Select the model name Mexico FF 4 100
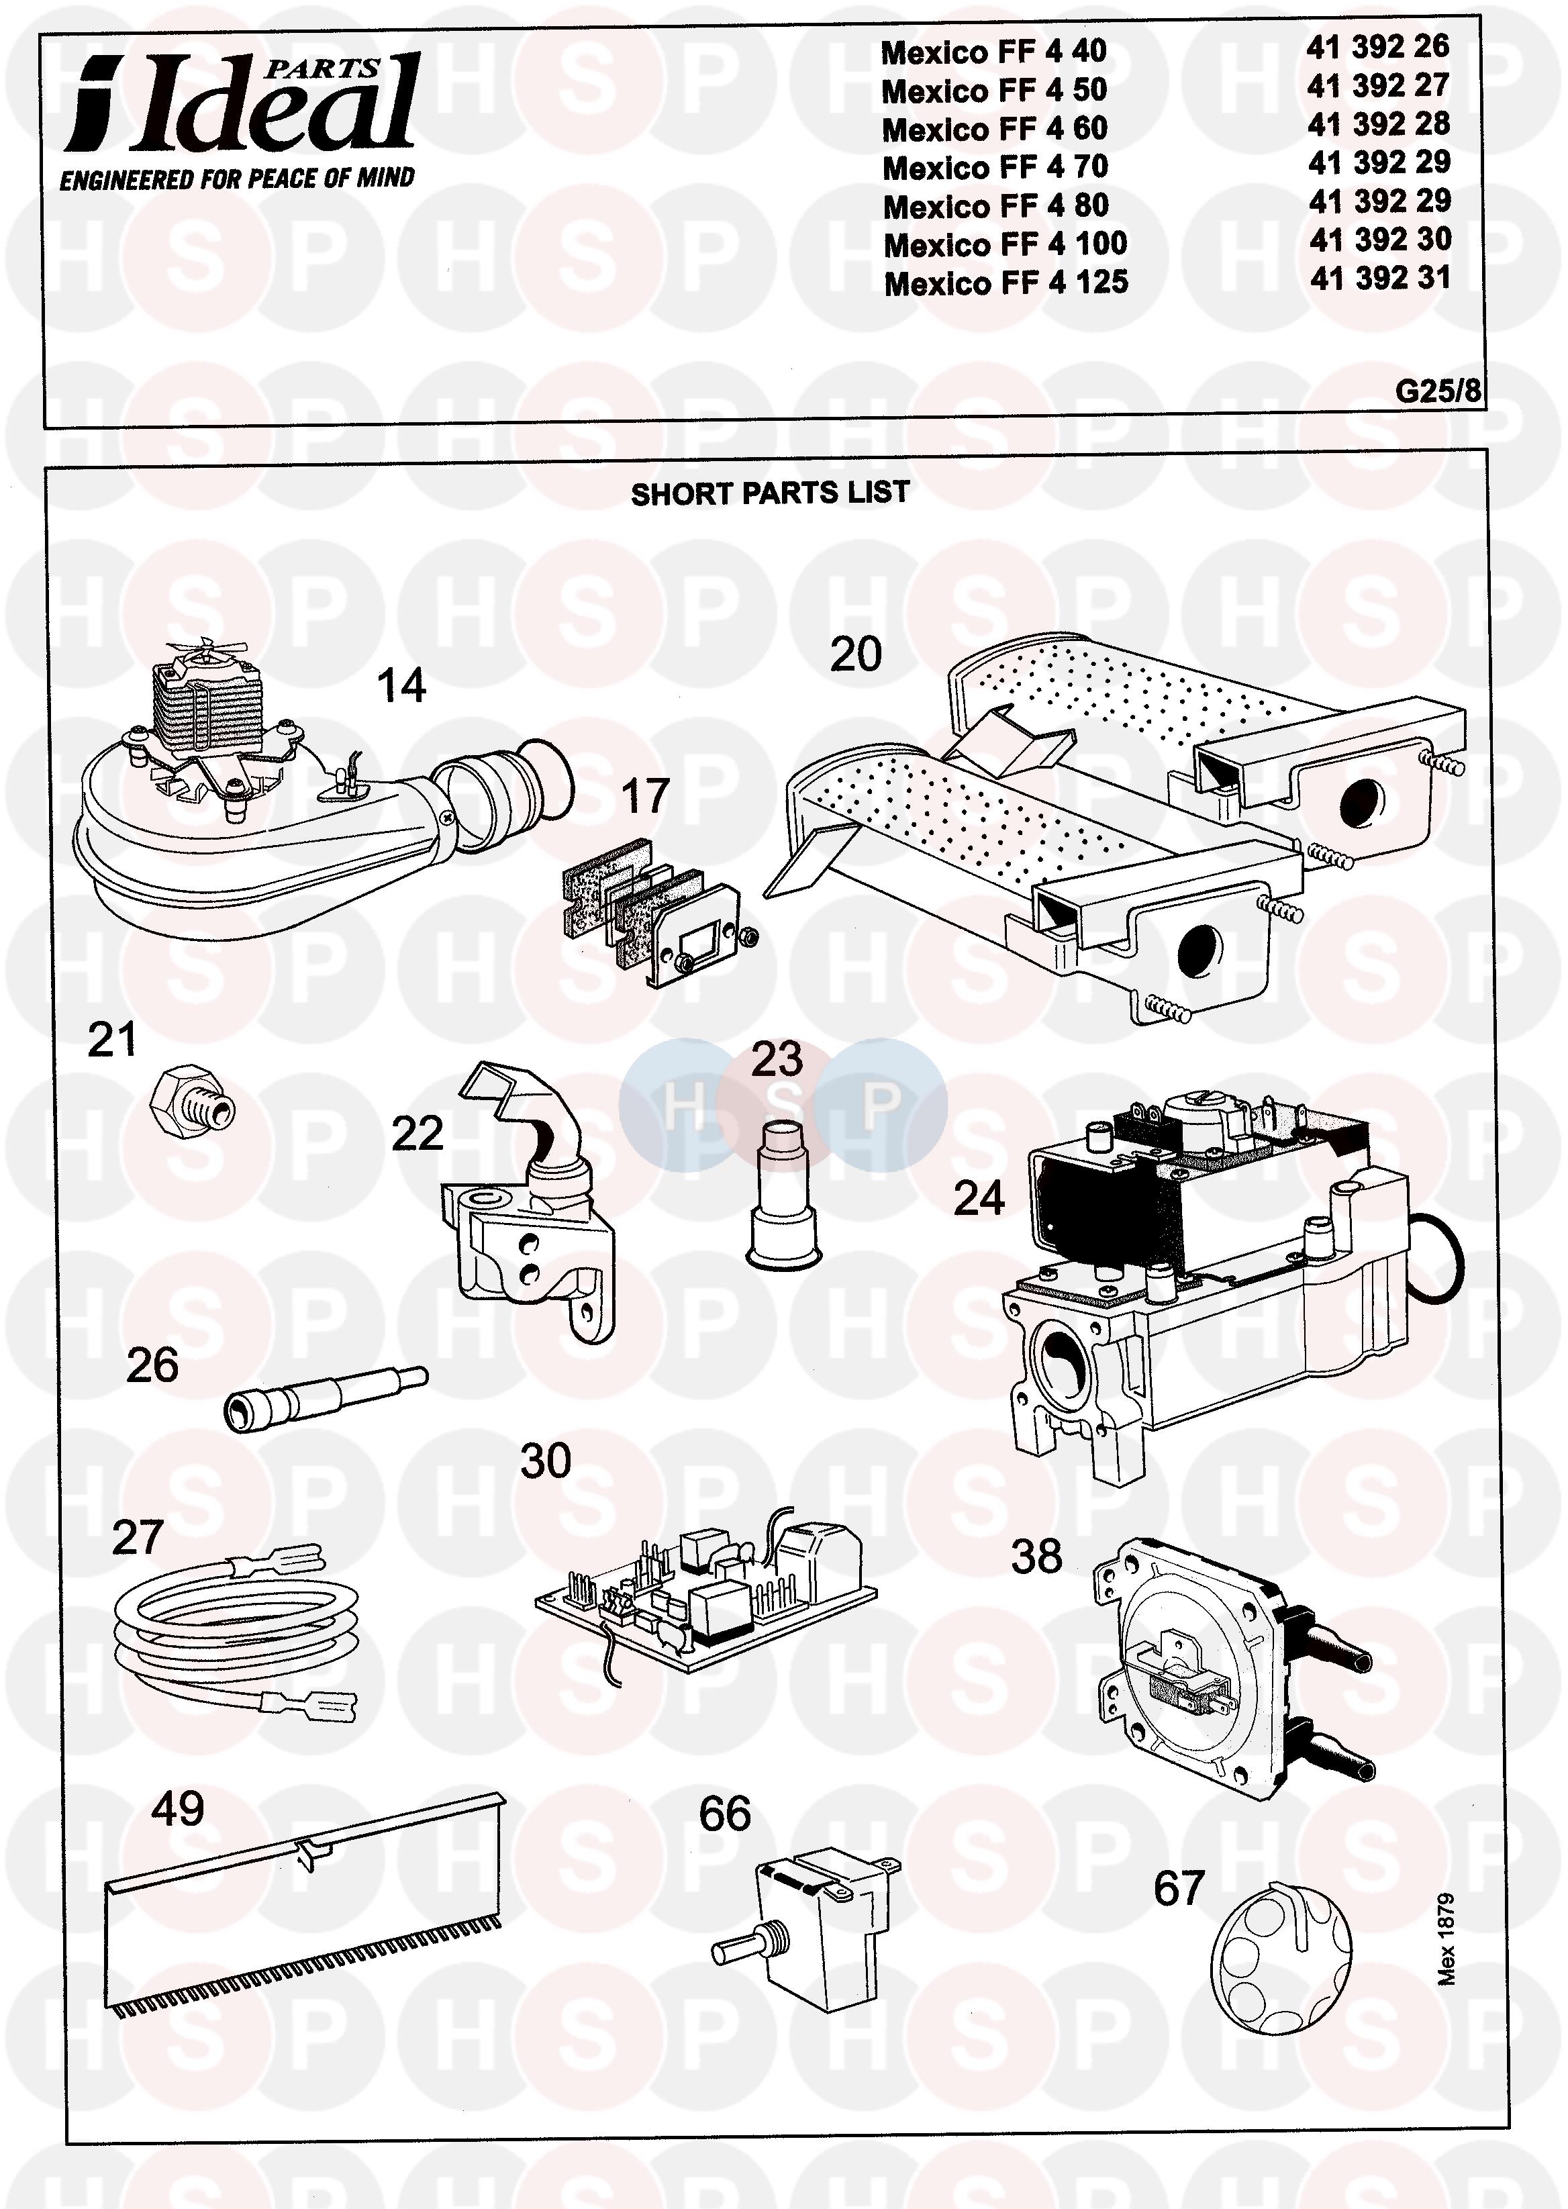point(1005,244)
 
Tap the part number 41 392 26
point(1378,46)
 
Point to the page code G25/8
point(1436,391)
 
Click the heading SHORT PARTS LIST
point(769,493)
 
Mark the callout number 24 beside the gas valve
point(979,1198)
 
